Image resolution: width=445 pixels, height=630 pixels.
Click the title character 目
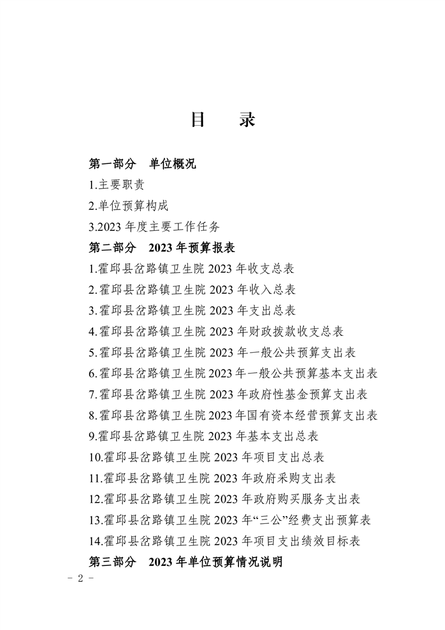tap(197, 120)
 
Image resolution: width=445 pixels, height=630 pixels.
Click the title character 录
tap(247, 120)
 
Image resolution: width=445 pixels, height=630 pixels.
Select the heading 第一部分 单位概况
tap(143, 164)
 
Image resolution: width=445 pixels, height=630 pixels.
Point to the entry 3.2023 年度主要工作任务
tap(154, 227)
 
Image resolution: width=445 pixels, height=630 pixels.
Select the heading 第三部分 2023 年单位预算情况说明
tap(185, 561)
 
